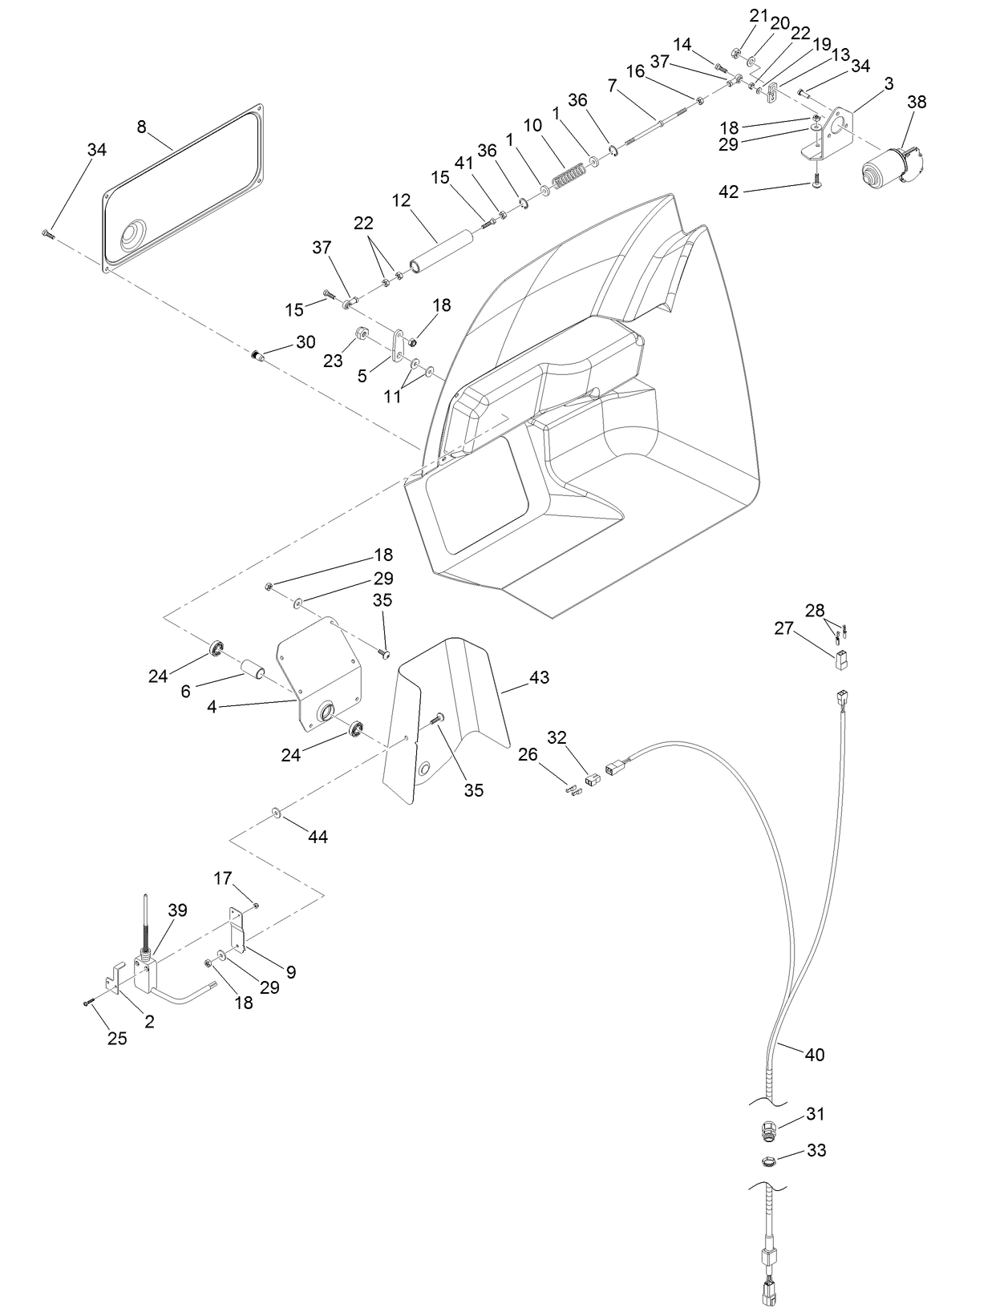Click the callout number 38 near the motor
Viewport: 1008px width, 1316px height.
point(917,103)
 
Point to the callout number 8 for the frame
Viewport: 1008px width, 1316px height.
point(141,126)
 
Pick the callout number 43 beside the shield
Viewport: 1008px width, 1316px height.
point(540,677)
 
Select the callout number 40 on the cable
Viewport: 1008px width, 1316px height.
point(814,1055)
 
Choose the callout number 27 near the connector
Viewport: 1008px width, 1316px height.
point(783,629)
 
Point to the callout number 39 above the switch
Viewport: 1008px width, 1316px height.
point(177,910)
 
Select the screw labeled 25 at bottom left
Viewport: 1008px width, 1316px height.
point(89,1002)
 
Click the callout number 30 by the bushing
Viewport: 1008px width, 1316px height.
point(306,342)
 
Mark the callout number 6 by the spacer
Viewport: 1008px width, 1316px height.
point(186,691)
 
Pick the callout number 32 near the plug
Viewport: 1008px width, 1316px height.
point(557,737)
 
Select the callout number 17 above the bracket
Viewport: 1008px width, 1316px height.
point(222,878)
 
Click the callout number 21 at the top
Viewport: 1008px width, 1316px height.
point(759,15)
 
